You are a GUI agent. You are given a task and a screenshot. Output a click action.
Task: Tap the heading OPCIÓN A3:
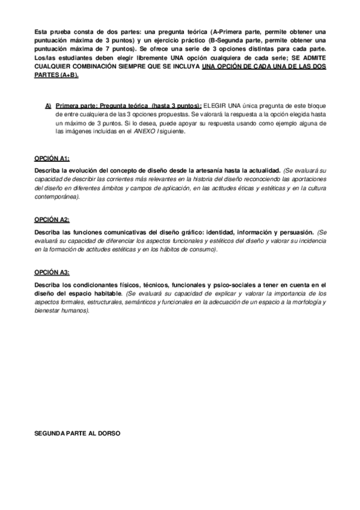tap(52, 272)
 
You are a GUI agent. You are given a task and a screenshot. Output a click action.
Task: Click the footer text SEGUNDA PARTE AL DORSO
tap(78, 432)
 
